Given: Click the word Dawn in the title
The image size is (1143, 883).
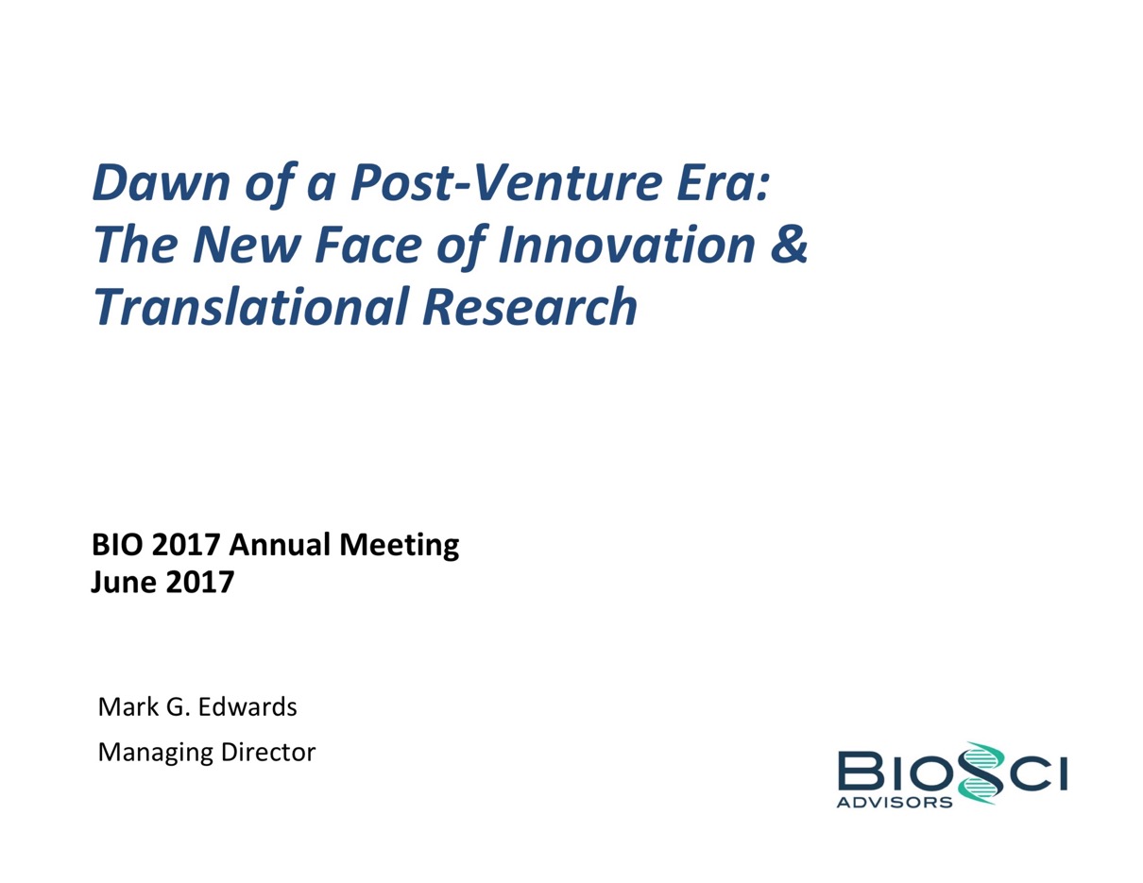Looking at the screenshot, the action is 162,182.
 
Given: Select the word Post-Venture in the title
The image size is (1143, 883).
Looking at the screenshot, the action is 505,182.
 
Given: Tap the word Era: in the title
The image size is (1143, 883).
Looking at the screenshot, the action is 724,182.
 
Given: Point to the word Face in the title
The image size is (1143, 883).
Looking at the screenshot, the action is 368,245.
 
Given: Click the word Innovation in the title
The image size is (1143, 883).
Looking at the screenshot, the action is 626,245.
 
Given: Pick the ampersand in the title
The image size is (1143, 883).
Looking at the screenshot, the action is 789,245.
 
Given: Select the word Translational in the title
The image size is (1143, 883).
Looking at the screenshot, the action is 251,307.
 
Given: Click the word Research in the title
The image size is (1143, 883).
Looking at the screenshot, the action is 530,307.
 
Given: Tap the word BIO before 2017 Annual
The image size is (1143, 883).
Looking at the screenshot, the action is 117,544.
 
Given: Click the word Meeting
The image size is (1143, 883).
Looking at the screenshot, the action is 400,545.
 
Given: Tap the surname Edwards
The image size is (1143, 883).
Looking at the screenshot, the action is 247,706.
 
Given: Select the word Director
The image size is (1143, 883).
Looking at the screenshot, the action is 268,753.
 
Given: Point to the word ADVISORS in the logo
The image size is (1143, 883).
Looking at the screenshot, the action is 895,803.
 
